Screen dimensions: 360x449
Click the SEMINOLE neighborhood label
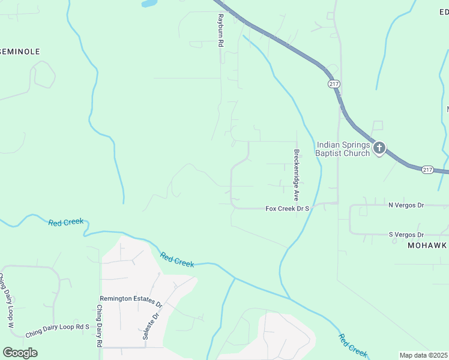pos(20,52)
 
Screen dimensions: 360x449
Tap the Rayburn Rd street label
pos(220,31)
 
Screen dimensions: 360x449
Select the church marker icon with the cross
pos(379,147)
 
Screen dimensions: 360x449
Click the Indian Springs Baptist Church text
pos(344,149)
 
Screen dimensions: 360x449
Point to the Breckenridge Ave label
pos(296,175)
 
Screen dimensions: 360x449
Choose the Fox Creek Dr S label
pos(287,208)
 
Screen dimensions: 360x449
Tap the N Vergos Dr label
pos(406,205)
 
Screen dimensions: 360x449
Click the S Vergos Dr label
pos(406,235)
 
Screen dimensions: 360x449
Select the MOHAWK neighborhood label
pos(427,246)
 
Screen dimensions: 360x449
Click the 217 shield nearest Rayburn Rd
pos(334,84)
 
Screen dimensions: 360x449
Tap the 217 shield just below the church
pos(427,170)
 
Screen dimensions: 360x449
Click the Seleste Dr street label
pos(151,326)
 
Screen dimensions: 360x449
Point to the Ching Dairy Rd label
pos(100,326)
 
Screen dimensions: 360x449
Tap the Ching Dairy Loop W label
pos(6,301)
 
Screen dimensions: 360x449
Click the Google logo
pos(20,353)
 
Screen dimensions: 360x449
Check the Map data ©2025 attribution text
pos(424,355)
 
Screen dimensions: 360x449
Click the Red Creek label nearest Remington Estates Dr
pos(177,260)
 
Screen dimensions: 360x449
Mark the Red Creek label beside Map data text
pos(352,346)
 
